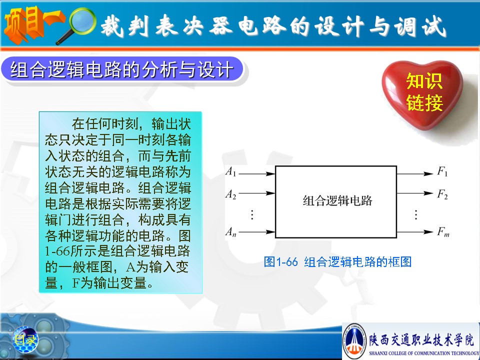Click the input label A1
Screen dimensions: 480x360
pos(231,171)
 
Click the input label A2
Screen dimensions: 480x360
pos(231,194)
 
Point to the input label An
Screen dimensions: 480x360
pos(231,231)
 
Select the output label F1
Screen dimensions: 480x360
pos(442,171)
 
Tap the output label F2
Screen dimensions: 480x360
pos(442,194)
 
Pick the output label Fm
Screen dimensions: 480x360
pos(443,231)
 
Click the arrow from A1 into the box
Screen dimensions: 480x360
pos(257,174)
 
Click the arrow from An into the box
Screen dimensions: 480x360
pos(257,232)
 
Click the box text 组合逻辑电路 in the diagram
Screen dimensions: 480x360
pos(337,200)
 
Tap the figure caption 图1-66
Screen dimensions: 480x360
pos(280,261)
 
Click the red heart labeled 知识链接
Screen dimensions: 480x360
pos(422,93)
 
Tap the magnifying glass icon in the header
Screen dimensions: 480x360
pos(77,25)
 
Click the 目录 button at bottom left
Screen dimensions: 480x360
pos(25,339)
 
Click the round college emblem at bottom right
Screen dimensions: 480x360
pos(354,340)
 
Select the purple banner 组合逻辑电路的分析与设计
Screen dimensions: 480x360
pos(122,69)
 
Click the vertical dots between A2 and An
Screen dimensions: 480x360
pos(252,214)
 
